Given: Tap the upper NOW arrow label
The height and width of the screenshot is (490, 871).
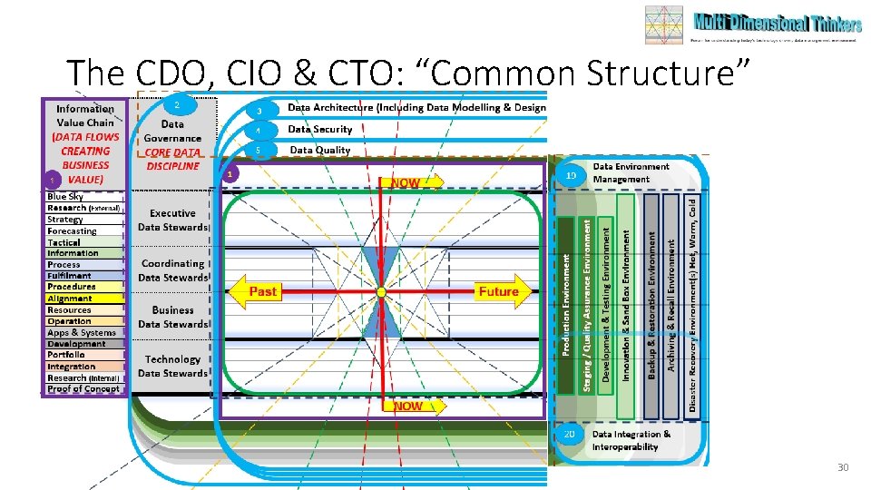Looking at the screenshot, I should tap(414, 182).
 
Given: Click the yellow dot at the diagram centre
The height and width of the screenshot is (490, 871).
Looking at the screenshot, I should tap(381, 291).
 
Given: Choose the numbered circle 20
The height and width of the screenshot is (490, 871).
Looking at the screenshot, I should tap(570, 435).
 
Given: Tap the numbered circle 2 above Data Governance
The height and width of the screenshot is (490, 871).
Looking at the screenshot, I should tap(178, 105).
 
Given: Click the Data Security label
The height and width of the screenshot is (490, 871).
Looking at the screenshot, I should tap(319, 130).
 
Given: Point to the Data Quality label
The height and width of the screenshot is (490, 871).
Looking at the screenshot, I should tap(319, 150).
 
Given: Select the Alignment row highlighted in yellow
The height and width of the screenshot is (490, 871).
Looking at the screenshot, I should tap(83, 299).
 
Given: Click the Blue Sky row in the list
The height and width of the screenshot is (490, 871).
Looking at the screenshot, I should tap(83, 197).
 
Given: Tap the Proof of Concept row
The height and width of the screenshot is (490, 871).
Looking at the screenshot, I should tap(83, 389).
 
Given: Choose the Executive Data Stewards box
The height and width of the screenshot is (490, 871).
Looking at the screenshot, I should tap(172, 220).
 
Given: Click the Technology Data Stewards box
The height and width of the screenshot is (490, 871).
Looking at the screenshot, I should tap(172, 367).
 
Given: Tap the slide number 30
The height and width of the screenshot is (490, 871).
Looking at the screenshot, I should tap(842, 467).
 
